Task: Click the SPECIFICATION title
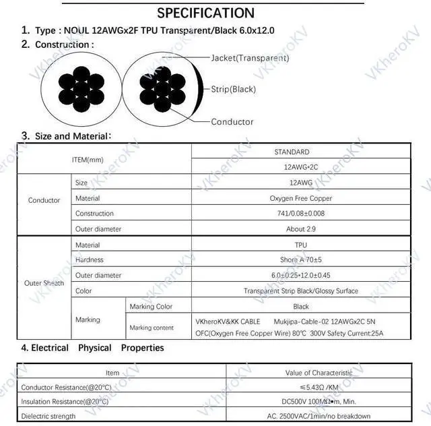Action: [205, 13]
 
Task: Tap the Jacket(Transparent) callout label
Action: [250, 58]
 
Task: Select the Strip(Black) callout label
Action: [233, 89]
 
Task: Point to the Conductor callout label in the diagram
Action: [232, 122]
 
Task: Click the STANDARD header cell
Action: [292, 152]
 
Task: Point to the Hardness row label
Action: [89, 260]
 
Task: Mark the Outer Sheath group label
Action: [44, 283]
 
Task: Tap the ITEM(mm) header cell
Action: [88, 160]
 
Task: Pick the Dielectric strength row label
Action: [49, 417]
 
